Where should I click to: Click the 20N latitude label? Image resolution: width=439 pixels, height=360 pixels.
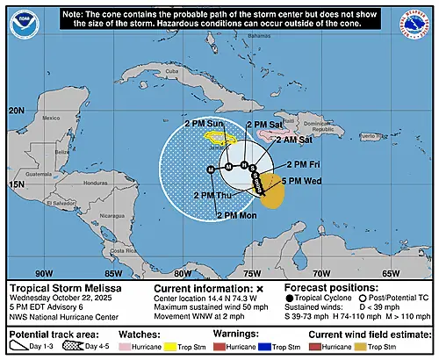(x=17, y=110)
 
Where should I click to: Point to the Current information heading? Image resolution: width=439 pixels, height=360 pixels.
(x=202, y=287)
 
